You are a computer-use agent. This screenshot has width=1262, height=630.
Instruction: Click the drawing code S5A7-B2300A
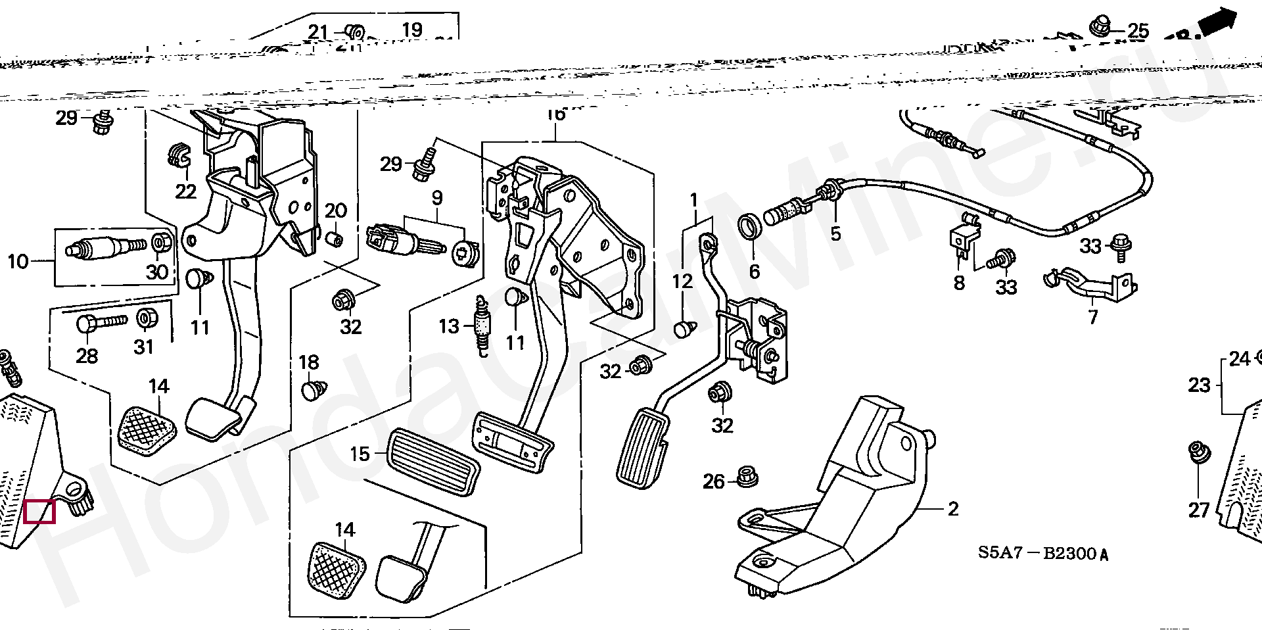pyautogui.click(x=1042, y=553)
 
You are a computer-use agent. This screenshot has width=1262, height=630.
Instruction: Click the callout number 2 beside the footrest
pyautogui.click(x=953, y=508)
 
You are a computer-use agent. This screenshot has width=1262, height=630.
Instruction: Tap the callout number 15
pyautogui.click(x=360, y=454)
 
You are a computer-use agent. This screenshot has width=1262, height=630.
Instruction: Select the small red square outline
pyautogui.click(x=39, y=512)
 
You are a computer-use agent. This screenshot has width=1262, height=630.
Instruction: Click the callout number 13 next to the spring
pyautogui.click(x=449, y=326)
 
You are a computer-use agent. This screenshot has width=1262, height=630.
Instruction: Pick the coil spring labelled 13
pyautogui.click(x=484, y=326)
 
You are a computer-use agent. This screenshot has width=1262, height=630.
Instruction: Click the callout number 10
pyautogui.click(x=18, y=262)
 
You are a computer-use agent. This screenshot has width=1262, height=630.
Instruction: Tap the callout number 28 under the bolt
pyautogui.click(x=87, y=356)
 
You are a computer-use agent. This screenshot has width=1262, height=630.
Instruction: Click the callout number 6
pyautogui.click(x=754, y=271)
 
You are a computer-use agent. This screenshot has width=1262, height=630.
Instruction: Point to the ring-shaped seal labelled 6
pyautogui.click(x=749, y=227)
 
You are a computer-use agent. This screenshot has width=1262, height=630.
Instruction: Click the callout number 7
pyautogui.click(x=1092, y=317)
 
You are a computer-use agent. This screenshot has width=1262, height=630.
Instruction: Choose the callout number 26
pyautogui.click(x=713, y=481)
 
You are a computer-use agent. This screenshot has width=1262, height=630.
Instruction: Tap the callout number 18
pyautogui.click(x=308, y=362)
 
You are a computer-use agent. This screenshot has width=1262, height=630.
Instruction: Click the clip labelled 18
pyautogui.click(x=311, y=391)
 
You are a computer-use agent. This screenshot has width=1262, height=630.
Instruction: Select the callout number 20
pyautogui.click(x=335, y=211)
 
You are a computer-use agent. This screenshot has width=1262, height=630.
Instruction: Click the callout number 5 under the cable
pyautogui.click(x=835, y=233)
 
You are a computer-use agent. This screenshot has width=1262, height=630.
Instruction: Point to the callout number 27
pyautogui.click(x=1199, y=510)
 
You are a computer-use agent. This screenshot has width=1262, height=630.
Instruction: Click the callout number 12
pyautogui.click(x=682, y=281)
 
